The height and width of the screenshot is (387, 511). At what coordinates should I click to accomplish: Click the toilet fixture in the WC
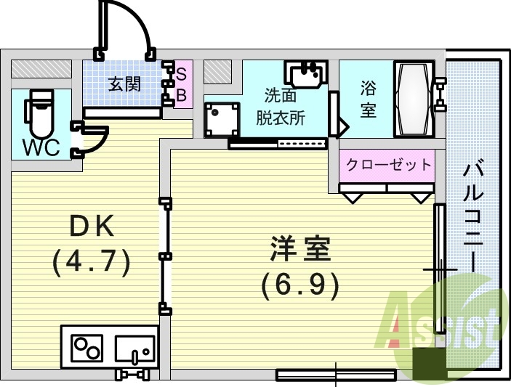40,113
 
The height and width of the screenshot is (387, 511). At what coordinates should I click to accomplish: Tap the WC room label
41,147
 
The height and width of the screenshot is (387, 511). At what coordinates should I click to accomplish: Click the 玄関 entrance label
124,84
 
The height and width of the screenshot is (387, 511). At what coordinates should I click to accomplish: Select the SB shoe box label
182,84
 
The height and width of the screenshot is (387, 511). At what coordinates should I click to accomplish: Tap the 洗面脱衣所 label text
284,106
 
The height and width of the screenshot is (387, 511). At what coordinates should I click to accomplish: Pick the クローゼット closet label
388,164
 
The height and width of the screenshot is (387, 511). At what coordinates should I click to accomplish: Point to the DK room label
92,227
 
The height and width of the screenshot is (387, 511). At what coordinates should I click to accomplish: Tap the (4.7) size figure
92,261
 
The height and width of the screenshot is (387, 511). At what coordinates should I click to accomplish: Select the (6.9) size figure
300,285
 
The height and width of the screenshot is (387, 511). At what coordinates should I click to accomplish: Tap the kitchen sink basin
135,348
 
